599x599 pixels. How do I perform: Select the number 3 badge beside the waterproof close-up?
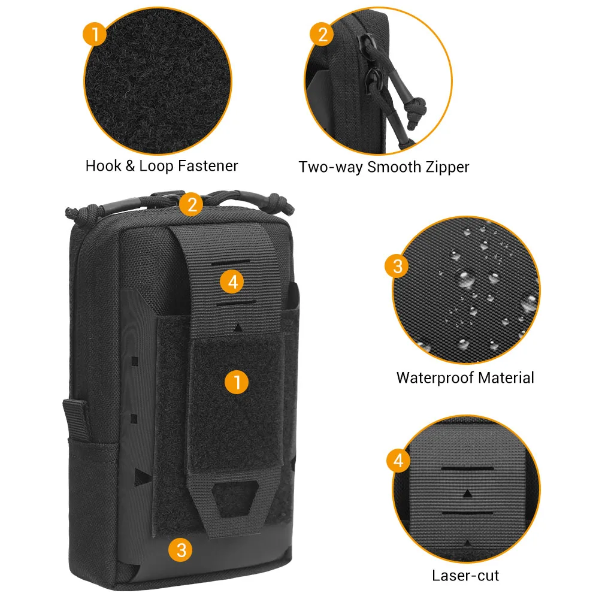coord(398,266)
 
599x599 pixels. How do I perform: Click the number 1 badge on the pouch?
coord(237,382)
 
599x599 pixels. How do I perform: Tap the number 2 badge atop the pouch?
coord(192,204)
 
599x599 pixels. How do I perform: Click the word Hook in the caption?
coord(103,166)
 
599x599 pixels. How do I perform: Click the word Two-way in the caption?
coord(331,167)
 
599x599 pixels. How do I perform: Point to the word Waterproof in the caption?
coord(433,378)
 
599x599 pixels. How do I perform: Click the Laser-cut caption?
coord(465,576)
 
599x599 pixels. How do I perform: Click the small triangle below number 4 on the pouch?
coord(238,328)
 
